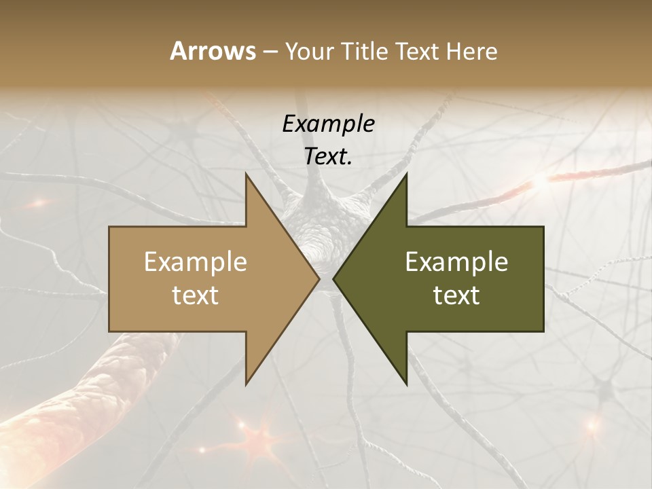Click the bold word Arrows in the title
[213, 51]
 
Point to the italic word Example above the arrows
[328, 124]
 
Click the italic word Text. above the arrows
[328, 157]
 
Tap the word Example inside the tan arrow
[196, 262]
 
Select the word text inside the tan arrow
[196, 295]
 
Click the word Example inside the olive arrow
[456, 262]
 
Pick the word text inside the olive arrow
[456, 295]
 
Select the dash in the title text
[270, 52]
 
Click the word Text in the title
[417, 52]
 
